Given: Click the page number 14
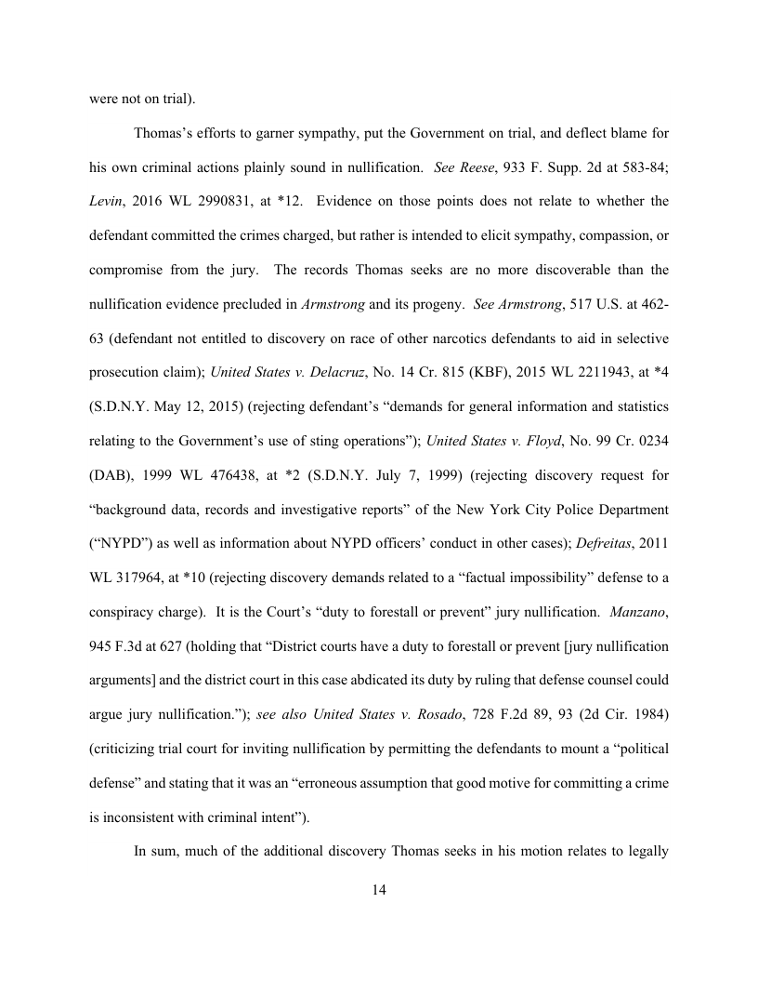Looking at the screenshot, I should [379, 890].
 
